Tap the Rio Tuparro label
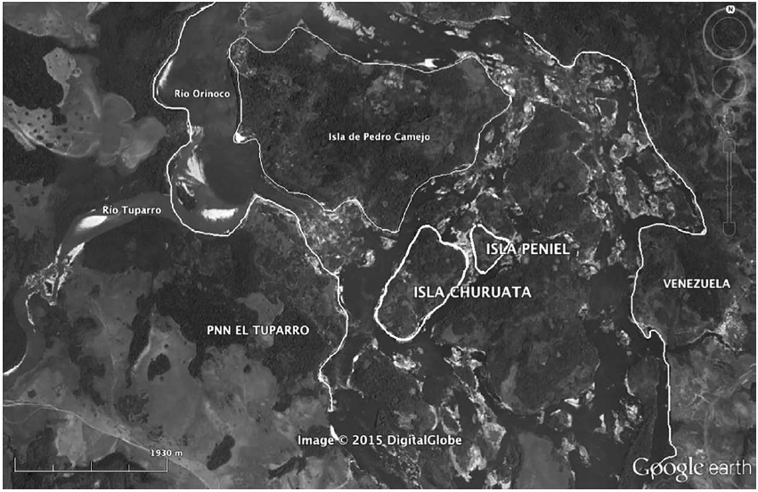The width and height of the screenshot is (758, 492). pyautogui.click(x=123, y=210)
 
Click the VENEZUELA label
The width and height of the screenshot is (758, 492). pyautogui.click(x=697, y=283)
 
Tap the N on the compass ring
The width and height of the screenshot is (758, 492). pyautogui.click(x=729, y=10)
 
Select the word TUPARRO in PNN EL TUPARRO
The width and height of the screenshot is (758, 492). pyautogui.click(x=281, y=330)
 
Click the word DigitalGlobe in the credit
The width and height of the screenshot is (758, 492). pyautogui.click(x=424, y=439)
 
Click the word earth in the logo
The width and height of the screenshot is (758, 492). pyautogui.click(x=729, y=467)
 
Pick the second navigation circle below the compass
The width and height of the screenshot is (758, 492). pyautogui.click(x=729, y=84)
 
